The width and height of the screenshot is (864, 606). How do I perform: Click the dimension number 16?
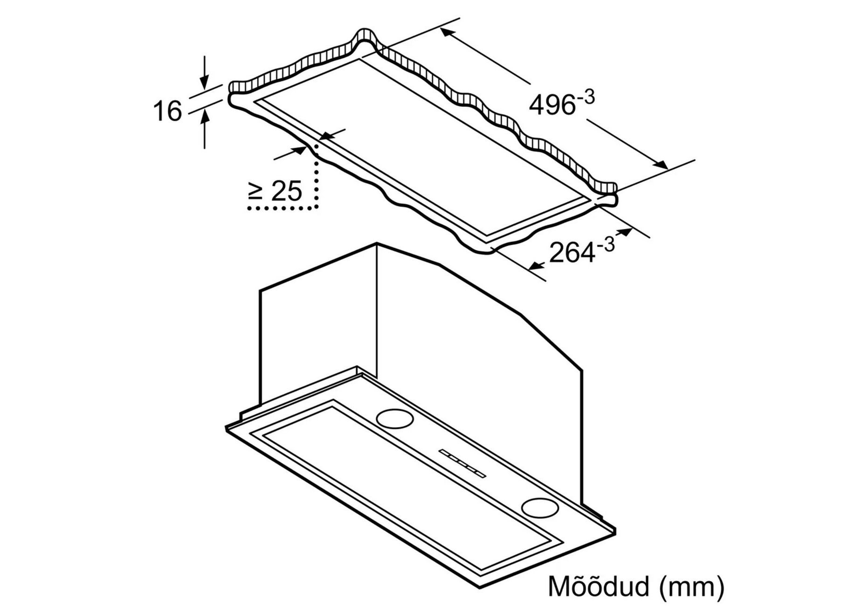coord(167,111)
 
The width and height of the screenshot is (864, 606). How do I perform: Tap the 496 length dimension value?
coord(552,105)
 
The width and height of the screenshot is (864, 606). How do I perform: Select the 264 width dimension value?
coord(573,253)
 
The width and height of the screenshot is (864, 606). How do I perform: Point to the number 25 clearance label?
coord(286,190)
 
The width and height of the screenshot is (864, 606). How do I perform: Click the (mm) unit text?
coord(692,587)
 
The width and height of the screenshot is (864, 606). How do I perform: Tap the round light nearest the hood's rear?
coord(394,418)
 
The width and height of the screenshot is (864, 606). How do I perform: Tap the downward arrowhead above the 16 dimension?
coord(205,82)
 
